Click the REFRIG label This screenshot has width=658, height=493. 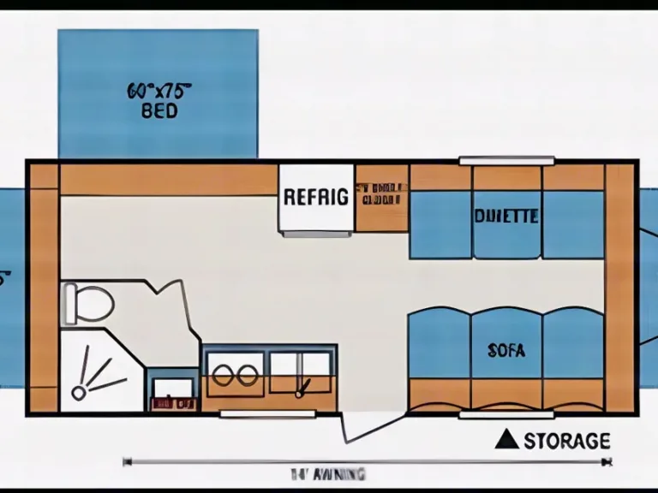pos(315,197)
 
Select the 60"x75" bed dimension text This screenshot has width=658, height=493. pos(159,89)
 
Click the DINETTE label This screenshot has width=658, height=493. pos(506,217)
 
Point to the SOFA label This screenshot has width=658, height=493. pos(506,350)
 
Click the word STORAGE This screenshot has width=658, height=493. pos(567,441)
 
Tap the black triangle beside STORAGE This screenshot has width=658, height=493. pos(507,440)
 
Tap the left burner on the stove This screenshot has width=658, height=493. pos(222,374)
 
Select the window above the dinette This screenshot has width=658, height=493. pos(506,160)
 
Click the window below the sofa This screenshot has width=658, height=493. pos(506,415)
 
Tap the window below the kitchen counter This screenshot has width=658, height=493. pos(267,414)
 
